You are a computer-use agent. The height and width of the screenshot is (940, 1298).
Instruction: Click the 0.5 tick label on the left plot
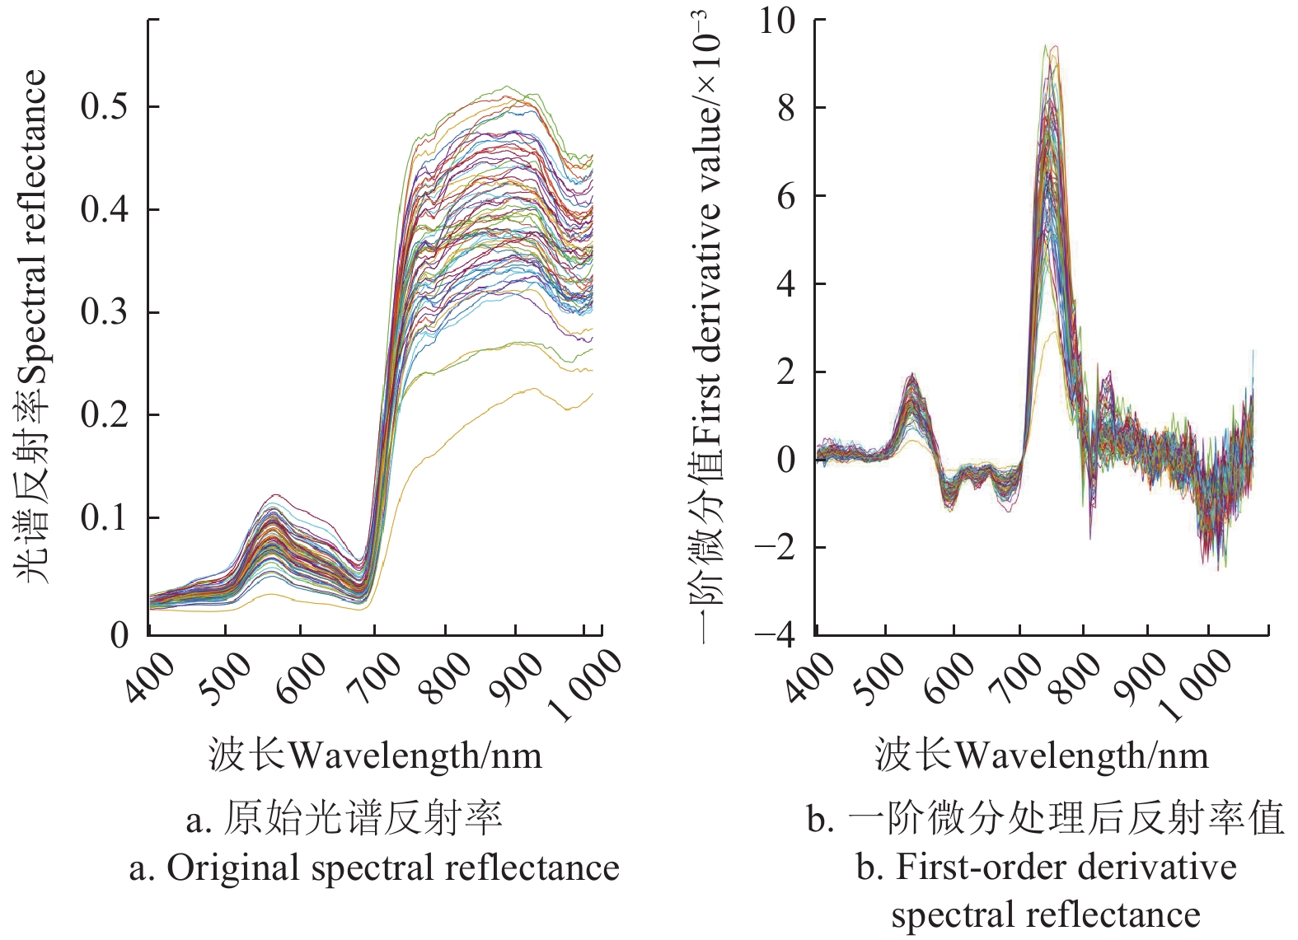click(105, 106)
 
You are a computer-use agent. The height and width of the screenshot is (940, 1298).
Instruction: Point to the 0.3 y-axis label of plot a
click(105, 312)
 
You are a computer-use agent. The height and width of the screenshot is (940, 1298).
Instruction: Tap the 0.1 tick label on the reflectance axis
click(105, 517)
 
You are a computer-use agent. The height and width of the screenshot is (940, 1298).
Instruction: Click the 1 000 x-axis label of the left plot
click(587, 684)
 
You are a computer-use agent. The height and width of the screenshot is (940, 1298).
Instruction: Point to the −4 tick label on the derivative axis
click(775, 634)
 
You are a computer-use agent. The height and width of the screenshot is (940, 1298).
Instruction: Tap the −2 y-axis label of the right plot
click(775, 547)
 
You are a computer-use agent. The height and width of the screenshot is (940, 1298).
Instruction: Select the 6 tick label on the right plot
click(786, 196)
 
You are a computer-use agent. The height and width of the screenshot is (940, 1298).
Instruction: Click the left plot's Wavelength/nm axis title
click(376, 755)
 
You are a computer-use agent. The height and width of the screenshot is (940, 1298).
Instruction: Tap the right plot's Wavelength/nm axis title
click(1043, 755)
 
